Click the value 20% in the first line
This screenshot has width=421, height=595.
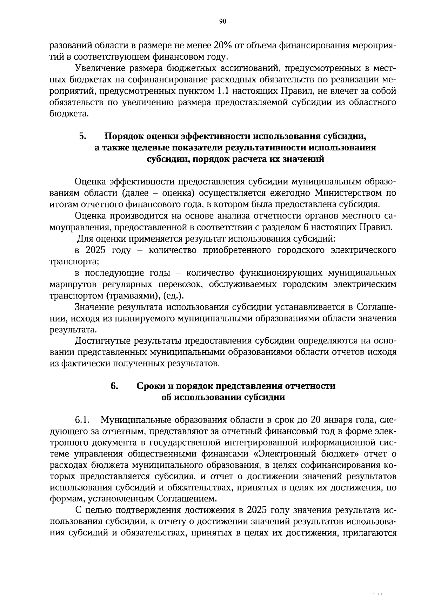pyautogui.click(x=222, y=46)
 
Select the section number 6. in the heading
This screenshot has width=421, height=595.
pyautogui.click(x=114, y=386)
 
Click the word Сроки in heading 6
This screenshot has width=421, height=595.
pyautogui.click(x=151, y=386)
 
